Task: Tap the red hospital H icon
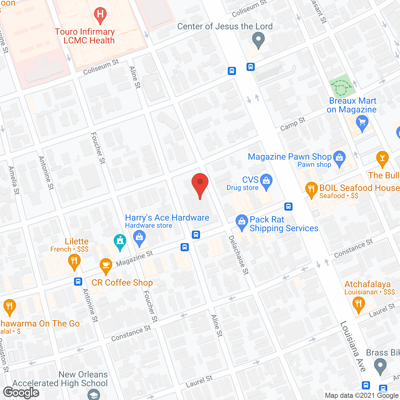point(100,15)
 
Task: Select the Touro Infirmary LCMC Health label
point(85,36)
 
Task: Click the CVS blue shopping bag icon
point(266,182)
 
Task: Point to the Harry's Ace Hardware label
point(167,218)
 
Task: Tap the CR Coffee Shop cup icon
point(106,266)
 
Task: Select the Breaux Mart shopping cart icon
point(362,122)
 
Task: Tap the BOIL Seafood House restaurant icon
point(311,189)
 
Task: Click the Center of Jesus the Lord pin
point(258,41)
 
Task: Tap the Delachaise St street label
point(239,255)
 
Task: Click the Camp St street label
point(292,124)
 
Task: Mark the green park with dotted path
point(342,86)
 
